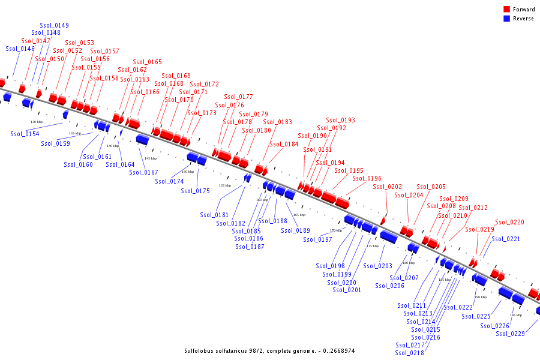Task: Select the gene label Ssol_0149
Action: pos(54,25)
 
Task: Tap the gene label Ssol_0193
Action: pos(340,120)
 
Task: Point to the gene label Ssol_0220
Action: pos(509,222)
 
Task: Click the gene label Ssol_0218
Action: pos(410,353)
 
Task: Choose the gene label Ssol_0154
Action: pos(25,134)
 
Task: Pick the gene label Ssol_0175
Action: pos(196,191)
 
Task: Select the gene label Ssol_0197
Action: pos(317,239)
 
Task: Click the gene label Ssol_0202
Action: pos(387,187)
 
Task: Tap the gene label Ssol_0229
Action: pos(510,334)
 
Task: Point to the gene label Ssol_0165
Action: pos(147,62)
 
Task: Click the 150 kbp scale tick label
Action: pos(188,172)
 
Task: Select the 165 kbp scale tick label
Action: pos(299,215)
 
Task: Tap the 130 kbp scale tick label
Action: pos(37,122)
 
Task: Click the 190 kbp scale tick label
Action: pos(481,297)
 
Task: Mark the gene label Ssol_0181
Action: pos(214,215)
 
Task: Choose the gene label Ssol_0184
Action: pos(284,144)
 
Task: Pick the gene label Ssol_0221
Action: pos(506,239)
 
